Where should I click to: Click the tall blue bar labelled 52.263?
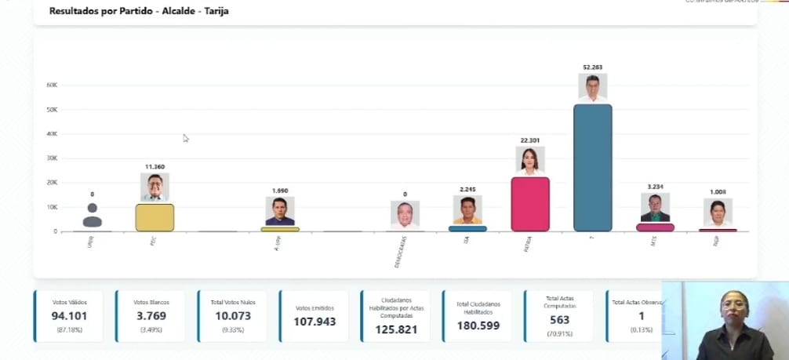click(592, 167)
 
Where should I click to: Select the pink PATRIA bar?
click(529, 204)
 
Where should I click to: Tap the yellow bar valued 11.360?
click(155, 217)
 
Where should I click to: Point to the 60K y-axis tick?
click(53, 85)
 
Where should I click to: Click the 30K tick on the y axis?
click(53, 158)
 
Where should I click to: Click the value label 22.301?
click(529, 140)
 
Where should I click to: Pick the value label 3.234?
click(655, 187)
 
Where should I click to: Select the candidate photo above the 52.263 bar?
click(592, 87)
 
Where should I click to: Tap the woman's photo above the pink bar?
click(529, 160)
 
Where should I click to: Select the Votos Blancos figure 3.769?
click(150, 316)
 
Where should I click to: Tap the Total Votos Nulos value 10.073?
click(232, 316)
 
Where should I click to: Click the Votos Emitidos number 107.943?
click(313, 322)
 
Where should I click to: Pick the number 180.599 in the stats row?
click(478, 325)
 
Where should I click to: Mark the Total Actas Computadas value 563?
click(559, 320)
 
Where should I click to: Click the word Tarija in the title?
click(218, 11)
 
